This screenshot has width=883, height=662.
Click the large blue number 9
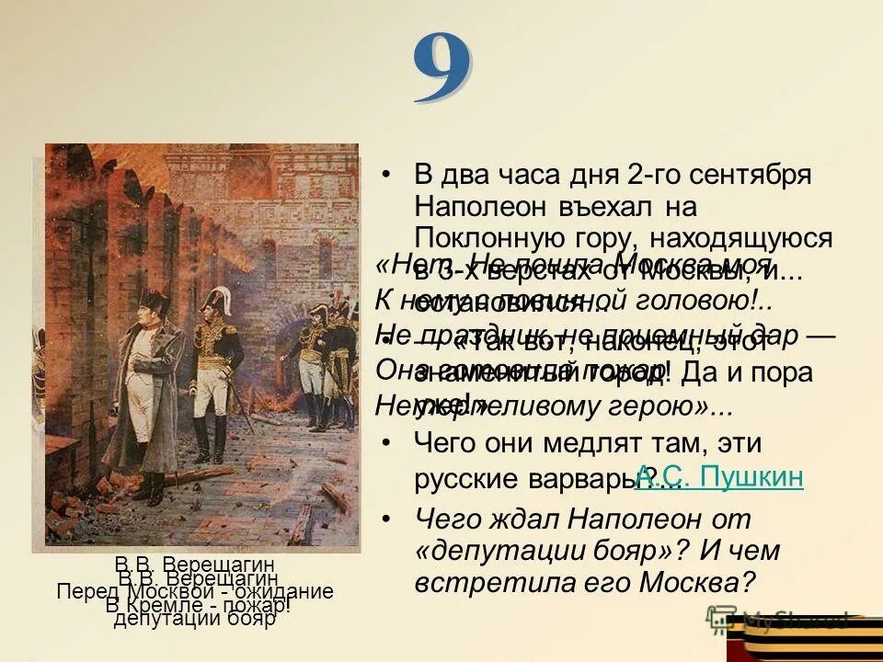442,68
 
